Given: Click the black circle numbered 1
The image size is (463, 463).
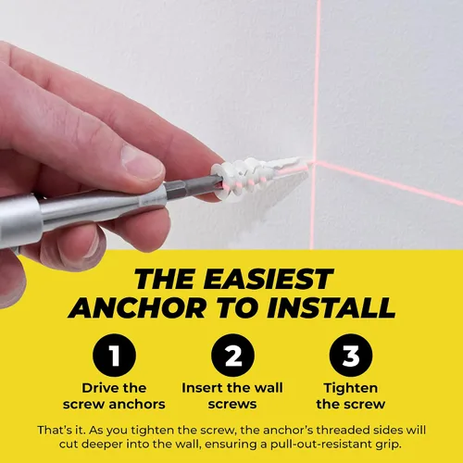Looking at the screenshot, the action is (x=114, y=355).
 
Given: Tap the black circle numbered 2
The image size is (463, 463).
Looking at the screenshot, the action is (x=232, y=355).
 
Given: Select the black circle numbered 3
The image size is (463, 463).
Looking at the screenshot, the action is (x=351, y=355).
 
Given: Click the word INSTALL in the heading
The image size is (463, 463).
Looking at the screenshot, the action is (x=332, y=308).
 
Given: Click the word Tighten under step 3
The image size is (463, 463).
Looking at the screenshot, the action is (x=351, y=388).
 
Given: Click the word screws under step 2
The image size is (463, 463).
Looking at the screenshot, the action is (x=232, y=405).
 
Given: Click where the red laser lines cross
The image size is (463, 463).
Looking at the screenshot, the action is (x=315, y=163).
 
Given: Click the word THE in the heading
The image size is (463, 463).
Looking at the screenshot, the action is (x=166, y=279).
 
